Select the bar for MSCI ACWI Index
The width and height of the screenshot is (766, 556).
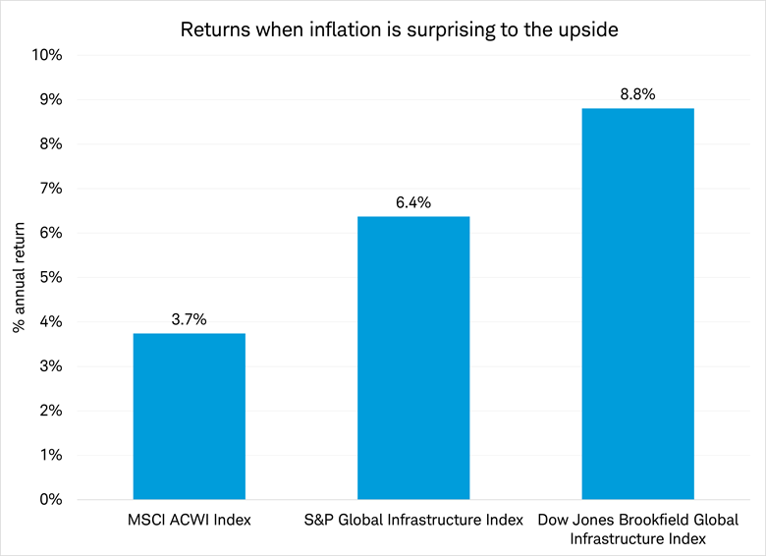tap(189, 417)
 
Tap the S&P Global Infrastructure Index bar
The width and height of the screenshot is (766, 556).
tap(412, 358)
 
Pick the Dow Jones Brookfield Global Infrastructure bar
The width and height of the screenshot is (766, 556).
tap(637, 304)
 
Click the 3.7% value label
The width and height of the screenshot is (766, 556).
tap(189, 319)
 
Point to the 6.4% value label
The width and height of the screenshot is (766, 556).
tap(412, 202)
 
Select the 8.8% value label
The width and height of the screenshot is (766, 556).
tap(637, 94)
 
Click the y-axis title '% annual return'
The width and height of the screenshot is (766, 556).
tap(19, 277)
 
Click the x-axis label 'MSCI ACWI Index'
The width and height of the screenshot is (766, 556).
tap(189, 519)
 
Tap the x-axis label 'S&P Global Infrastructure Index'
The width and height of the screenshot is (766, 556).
tap(412, 519)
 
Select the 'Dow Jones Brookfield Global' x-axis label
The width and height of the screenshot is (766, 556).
tap(637, 519)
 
